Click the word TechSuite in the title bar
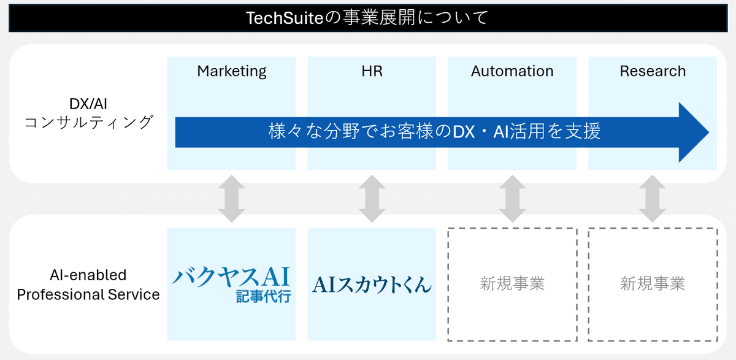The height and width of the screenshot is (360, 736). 284,18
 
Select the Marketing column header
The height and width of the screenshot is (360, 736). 232,71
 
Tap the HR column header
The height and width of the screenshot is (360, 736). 372,71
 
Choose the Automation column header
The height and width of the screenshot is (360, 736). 512,71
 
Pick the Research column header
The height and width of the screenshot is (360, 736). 653,71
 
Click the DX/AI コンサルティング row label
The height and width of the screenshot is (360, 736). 88,113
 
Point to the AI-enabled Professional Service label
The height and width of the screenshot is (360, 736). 88,285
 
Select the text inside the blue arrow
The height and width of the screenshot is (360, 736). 434,132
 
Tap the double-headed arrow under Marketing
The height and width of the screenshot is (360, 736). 232,199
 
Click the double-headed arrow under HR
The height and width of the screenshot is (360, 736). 372,199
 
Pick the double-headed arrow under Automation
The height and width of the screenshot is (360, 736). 512,199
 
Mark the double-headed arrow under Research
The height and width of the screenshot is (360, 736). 653,199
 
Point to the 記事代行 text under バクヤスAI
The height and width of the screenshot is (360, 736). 263,297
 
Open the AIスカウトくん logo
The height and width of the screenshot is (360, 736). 372,284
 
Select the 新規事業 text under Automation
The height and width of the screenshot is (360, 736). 512,284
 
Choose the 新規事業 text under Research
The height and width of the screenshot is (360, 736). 653,284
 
